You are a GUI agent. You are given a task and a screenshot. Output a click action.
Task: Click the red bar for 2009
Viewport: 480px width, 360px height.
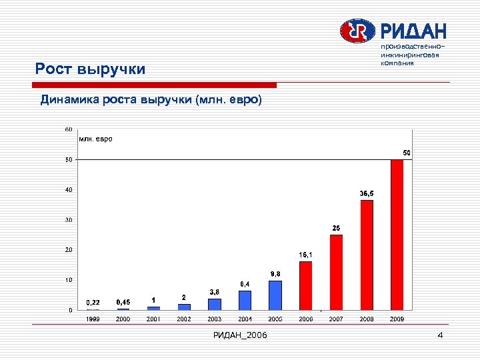pos(397,235)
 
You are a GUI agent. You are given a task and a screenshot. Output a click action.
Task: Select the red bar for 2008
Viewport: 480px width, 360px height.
pos(367,255)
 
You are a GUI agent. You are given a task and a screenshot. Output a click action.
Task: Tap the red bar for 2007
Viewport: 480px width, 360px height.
pos(336,272)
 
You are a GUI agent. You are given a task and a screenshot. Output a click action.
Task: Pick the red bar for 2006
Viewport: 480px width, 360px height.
pos(305,285)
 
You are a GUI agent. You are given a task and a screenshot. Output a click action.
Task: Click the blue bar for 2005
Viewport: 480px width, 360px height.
pos(275,295)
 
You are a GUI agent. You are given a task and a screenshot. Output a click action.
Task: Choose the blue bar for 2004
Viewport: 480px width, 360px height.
pos(245,300)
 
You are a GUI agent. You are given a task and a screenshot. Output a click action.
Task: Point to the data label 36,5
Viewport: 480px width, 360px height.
pos(367,193)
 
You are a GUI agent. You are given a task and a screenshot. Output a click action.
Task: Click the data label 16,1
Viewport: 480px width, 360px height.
pos(306,255)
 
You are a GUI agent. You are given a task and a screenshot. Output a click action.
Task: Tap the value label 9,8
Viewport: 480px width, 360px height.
pos(275,274)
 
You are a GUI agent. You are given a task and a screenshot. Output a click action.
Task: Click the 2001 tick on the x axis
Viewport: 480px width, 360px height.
pos(154,319)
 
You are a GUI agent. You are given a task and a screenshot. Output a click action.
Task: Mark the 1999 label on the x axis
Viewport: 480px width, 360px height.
pos(93,319)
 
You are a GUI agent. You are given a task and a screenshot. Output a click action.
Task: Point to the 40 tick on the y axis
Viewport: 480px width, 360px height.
pos(68,190)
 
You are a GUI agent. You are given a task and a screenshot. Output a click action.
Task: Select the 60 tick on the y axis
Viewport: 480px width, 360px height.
pos(68,129)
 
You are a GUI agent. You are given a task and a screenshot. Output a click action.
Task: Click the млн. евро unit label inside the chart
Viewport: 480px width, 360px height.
pos(96,139)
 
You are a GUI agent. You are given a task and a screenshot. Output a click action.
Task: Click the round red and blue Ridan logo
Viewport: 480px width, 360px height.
pos(358,31)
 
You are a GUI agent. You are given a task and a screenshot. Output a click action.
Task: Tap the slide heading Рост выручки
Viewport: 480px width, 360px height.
pos(90,69)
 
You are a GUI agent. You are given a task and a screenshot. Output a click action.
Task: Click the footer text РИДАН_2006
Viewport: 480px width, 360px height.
pos(240,335)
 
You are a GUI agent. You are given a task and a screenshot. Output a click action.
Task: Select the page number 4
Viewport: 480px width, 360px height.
pos(440,335)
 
